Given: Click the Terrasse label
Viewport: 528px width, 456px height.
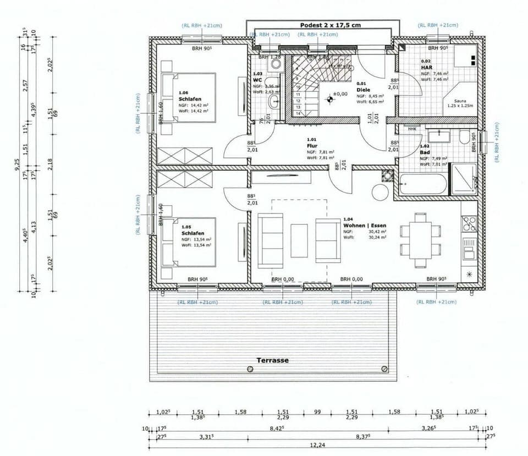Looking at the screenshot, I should click(273, 360).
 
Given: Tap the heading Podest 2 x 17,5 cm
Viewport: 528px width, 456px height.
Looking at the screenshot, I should click(330, 25).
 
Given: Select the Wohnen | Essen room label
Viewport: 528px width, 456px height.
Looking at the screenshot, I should click(365, 226).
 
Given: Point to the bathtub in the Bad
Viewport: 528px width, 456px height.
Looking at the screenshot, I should click(422, 184).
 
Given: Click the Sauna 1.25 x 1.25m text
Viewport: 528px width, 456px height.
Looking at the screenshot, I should click(460, 103).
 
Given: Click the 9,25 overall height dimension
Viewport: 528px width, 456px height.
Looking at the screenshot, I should click(17, 164).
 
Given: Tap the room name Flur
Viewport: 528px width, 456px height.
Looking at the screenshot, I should click(312, 146).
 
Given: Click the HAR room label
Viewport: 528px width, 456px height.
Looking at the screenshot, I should click(427, 67).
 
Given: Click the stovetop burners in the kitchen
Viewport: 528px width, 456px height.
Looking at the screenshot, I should click(469, 223).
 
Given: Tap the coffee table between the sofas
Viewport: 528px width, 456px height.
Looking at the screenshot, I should click(300, 240).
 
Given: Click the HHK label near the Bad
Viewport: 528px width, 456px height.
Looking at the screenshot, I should click(412, 129).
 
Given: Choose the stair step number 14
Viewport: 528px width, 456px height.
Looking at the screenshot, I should click(298, 113).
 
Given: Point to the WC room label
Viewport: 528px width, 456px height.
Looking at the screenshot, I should click(258, 80).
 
